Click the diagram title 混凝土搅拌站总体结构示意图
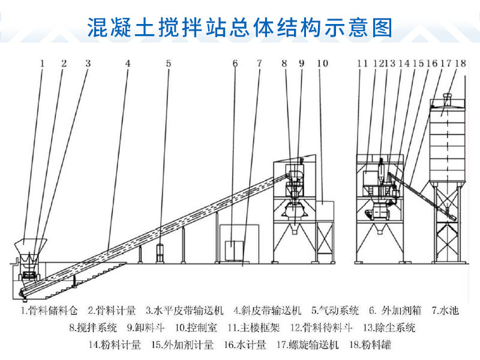pyautogui.click(x=239, y=27)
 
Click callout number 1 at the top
pyautogui.click(x=42, y=64)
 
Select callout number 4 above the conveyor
pyautogui.click(x=128, y=64)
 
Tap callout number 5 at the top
pyautogui.click(x=169, y=64)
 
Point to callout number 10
pyautogui.click(x=322, y=64)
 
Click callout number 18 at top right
pyautogui.click(x=461, y=64)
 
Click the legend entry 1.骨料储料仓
pyautogui.click(x=49, y=310)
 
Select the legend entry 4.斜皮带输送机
pyautogui.click(x=267, y=310)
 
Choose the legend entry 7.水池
pyautogui.click(x=445, y=310)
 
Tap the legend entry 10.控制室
pyautogui.click(x=196, y=328)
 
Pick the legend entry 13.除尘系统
pyautogui.click(x=389, y=328)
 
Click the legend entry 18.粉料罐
pyautogui.click(x=370, y=345)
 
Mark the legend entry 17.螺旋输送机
pyautogui.click(x=307, y=345)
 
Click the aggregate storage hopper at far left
pyautogui.click(x=31, y=247)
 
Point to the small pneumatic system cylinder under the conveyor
pyautogui.click(x=160, y=253)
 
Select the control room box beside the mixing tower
pyautogui.click(x=325, y=211)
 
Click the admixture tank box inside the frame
pyautogui.click(x=234, y=250)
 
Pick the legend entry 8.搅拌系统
pyautogui.click(x=93, y=328)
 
